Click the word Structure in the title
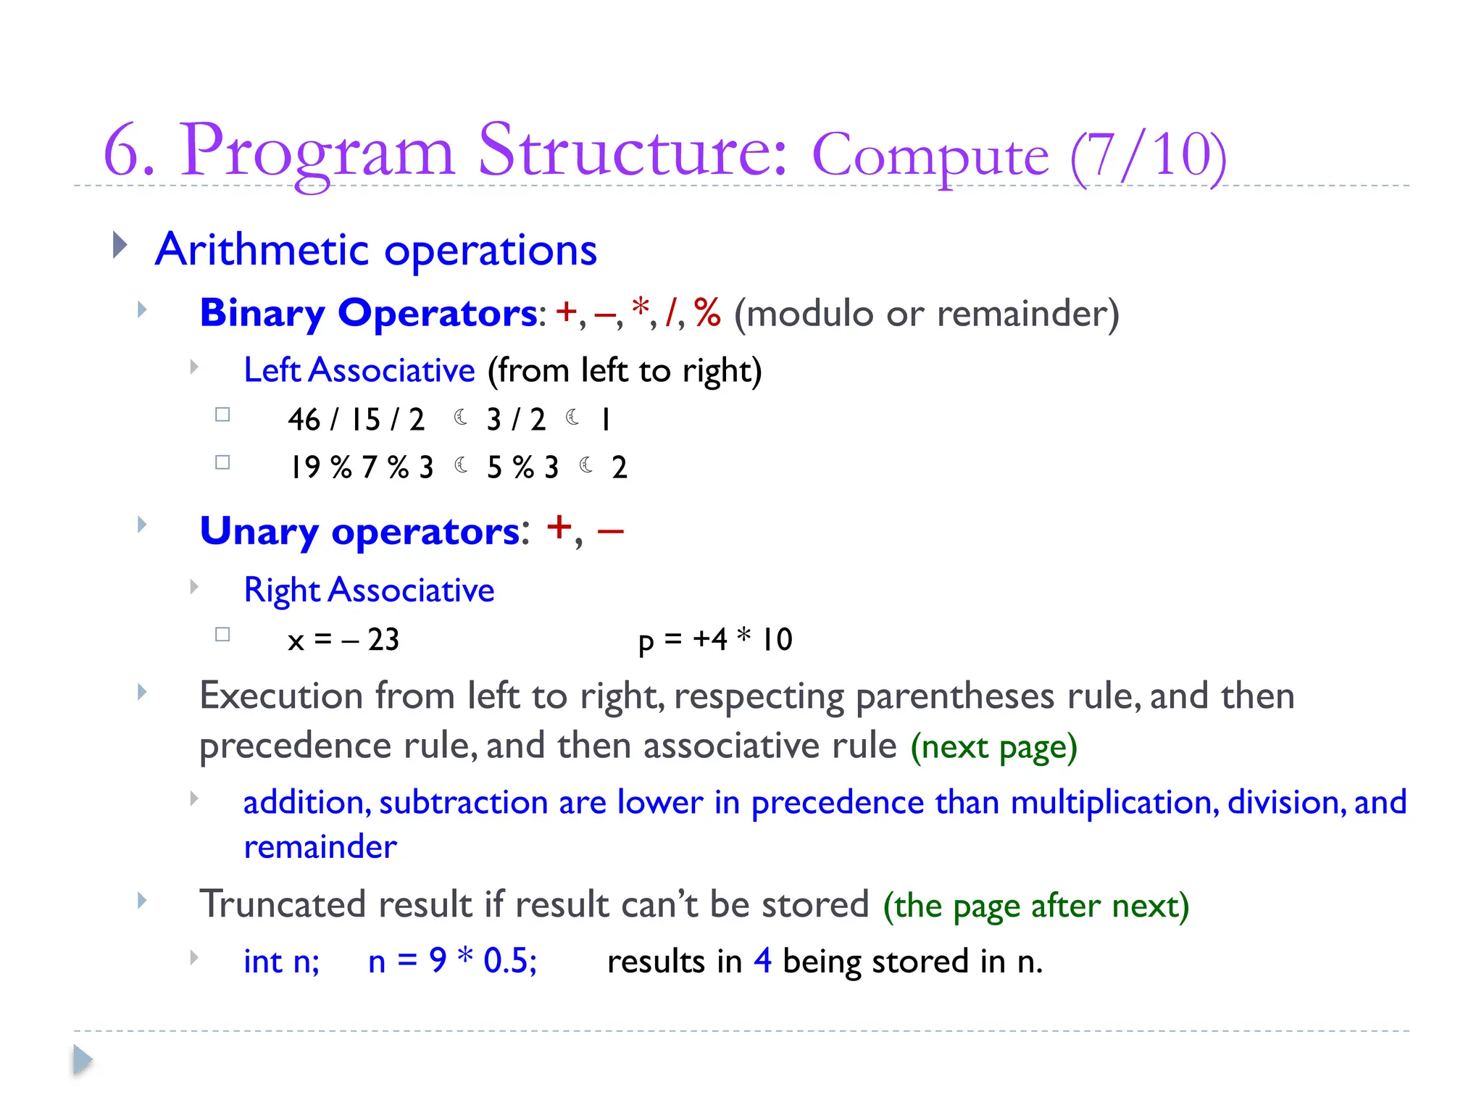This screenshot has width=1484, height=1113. tap(632, 151)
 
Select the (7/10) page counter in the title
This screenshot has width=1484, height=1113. tap(1148, 155)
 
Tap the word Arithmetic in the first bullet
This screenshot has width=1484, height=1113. tap(262, 250)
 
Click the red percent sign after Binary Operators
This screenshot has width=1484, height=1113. tap(707, 312)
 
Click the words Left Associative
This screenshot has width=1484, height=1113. tap(359, 370)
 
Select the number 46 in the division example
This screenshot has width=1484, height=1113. tap(304, 420)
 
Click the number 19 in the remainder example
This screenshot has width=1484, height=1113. tap(305, 467)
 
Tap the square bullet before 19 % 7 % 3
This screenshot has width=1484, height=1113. tap(222, 462)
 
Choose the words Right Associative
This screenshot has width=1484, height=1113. tap(369, 590)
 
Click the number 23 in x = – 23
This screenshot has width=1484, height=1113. tap(383, 640)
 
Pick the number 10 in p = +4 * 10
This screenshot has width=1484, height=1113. tap(777, 640)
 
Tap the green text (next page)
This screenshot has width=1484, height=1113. tap(993, 747)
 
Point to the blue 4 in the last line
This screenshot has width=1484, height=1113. tap(762, 961)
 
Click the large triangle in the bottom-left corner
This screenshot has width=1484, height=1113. tap(83, 1060)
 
